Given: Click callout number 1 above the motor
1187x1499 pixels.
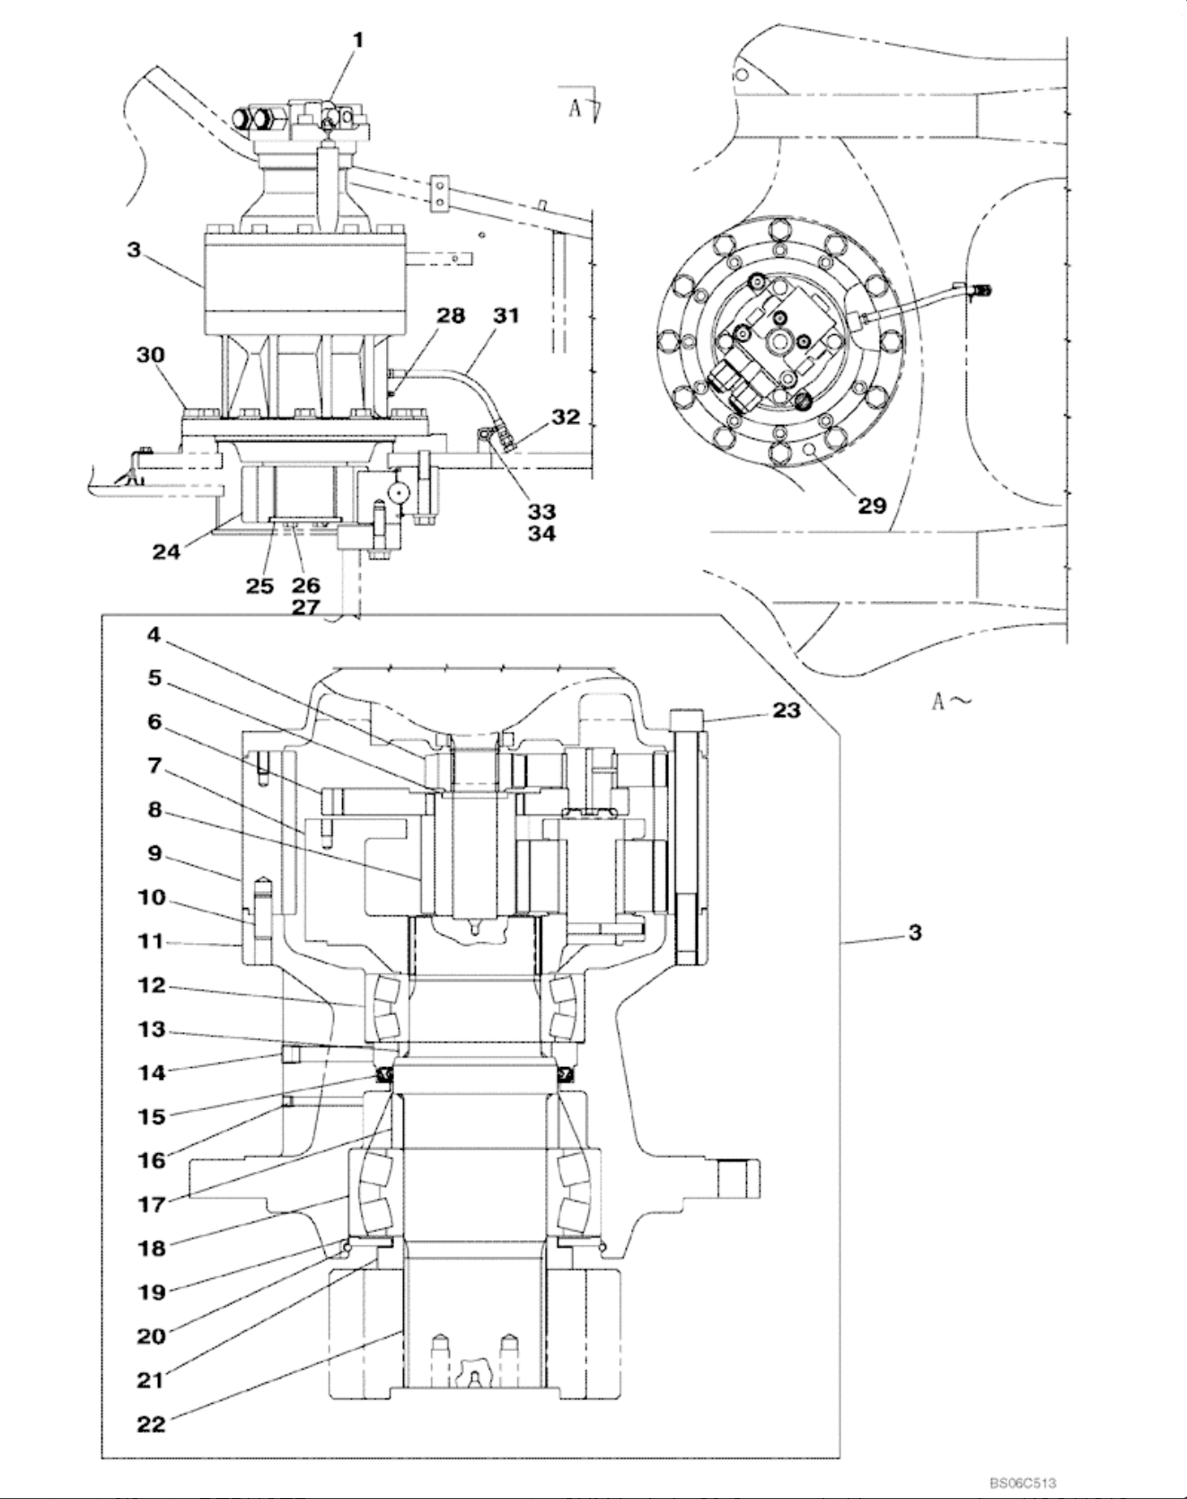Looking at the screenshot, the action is click(x=358, y=40).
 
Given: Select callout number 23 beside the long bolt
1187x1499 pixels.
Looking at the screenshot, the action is click(x=787, y=710).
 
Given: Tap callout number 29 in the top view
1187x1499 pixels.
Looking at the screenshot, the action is click(x=872, y=506).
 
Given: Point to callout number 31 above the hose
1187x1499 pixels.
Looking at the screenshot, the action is click(x=506, y=315).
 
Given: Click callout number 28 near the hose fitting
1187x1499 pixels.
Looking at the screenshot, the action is click(x=452, y=315).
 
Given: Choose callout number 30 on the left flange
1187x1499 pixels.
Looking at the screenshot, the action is click(x=151, y=355).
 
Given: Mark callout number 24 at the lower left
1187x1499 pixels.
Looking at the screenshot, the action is click(x=165, y=551).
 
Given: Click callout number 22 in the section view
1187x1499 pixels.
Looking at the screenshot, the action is click(x=152, y=1424).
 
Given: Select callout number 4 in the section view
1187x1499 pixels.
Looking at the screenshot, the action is click(x=154, y=634).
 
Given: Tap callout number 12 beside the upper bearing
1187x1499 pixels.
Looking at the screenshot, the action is click(x=152, y=985).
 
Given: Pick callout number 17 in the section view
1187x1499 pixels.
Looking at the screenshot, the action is click(x=152, y=1204).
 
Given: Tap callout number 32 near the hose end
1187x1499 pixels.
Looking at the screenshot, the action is click(x=567, y=418).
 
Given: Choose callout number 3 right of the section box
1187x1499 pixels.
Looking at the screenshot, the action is click(x=914, y=932).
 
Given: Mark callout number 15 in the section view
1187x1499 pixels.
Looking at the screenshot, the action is click(x=152, y=1116).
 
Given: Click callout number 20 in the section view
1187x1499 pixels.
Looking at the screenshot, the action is click(x=152, y=1336).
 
